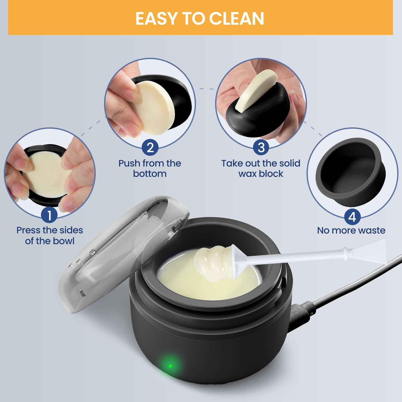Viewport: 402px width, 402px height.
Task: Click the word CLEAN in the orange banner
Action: [x=236, y=18]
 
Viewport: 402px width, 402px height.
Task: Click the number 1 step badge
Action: [x=49, y=215]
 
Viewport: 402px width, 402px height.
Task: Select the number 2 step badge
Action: [x=150, y=147]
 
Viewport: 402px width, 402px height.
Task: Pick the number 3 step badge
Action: [x=261, y=147]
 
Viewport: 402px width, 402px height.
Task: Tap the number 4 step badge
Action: [x=352, y=217]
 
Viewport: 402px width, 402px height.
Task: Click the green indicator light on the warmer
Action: [x=170, y=366]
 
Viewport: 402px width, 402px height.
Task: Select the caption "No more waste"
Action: [x=351, y=230]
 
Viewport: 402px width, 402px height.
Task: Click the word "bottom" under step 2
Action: [x=150, y=174]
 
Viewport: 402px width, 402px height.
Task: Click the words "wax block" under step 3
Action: [x=261, y=174]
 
